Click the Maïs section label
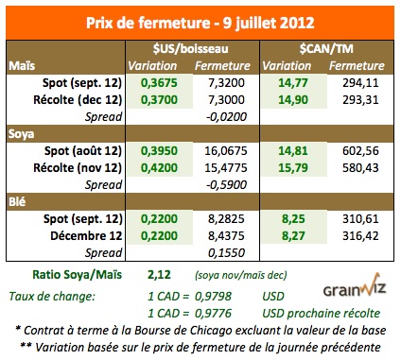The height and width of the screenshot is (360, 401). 23,66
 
